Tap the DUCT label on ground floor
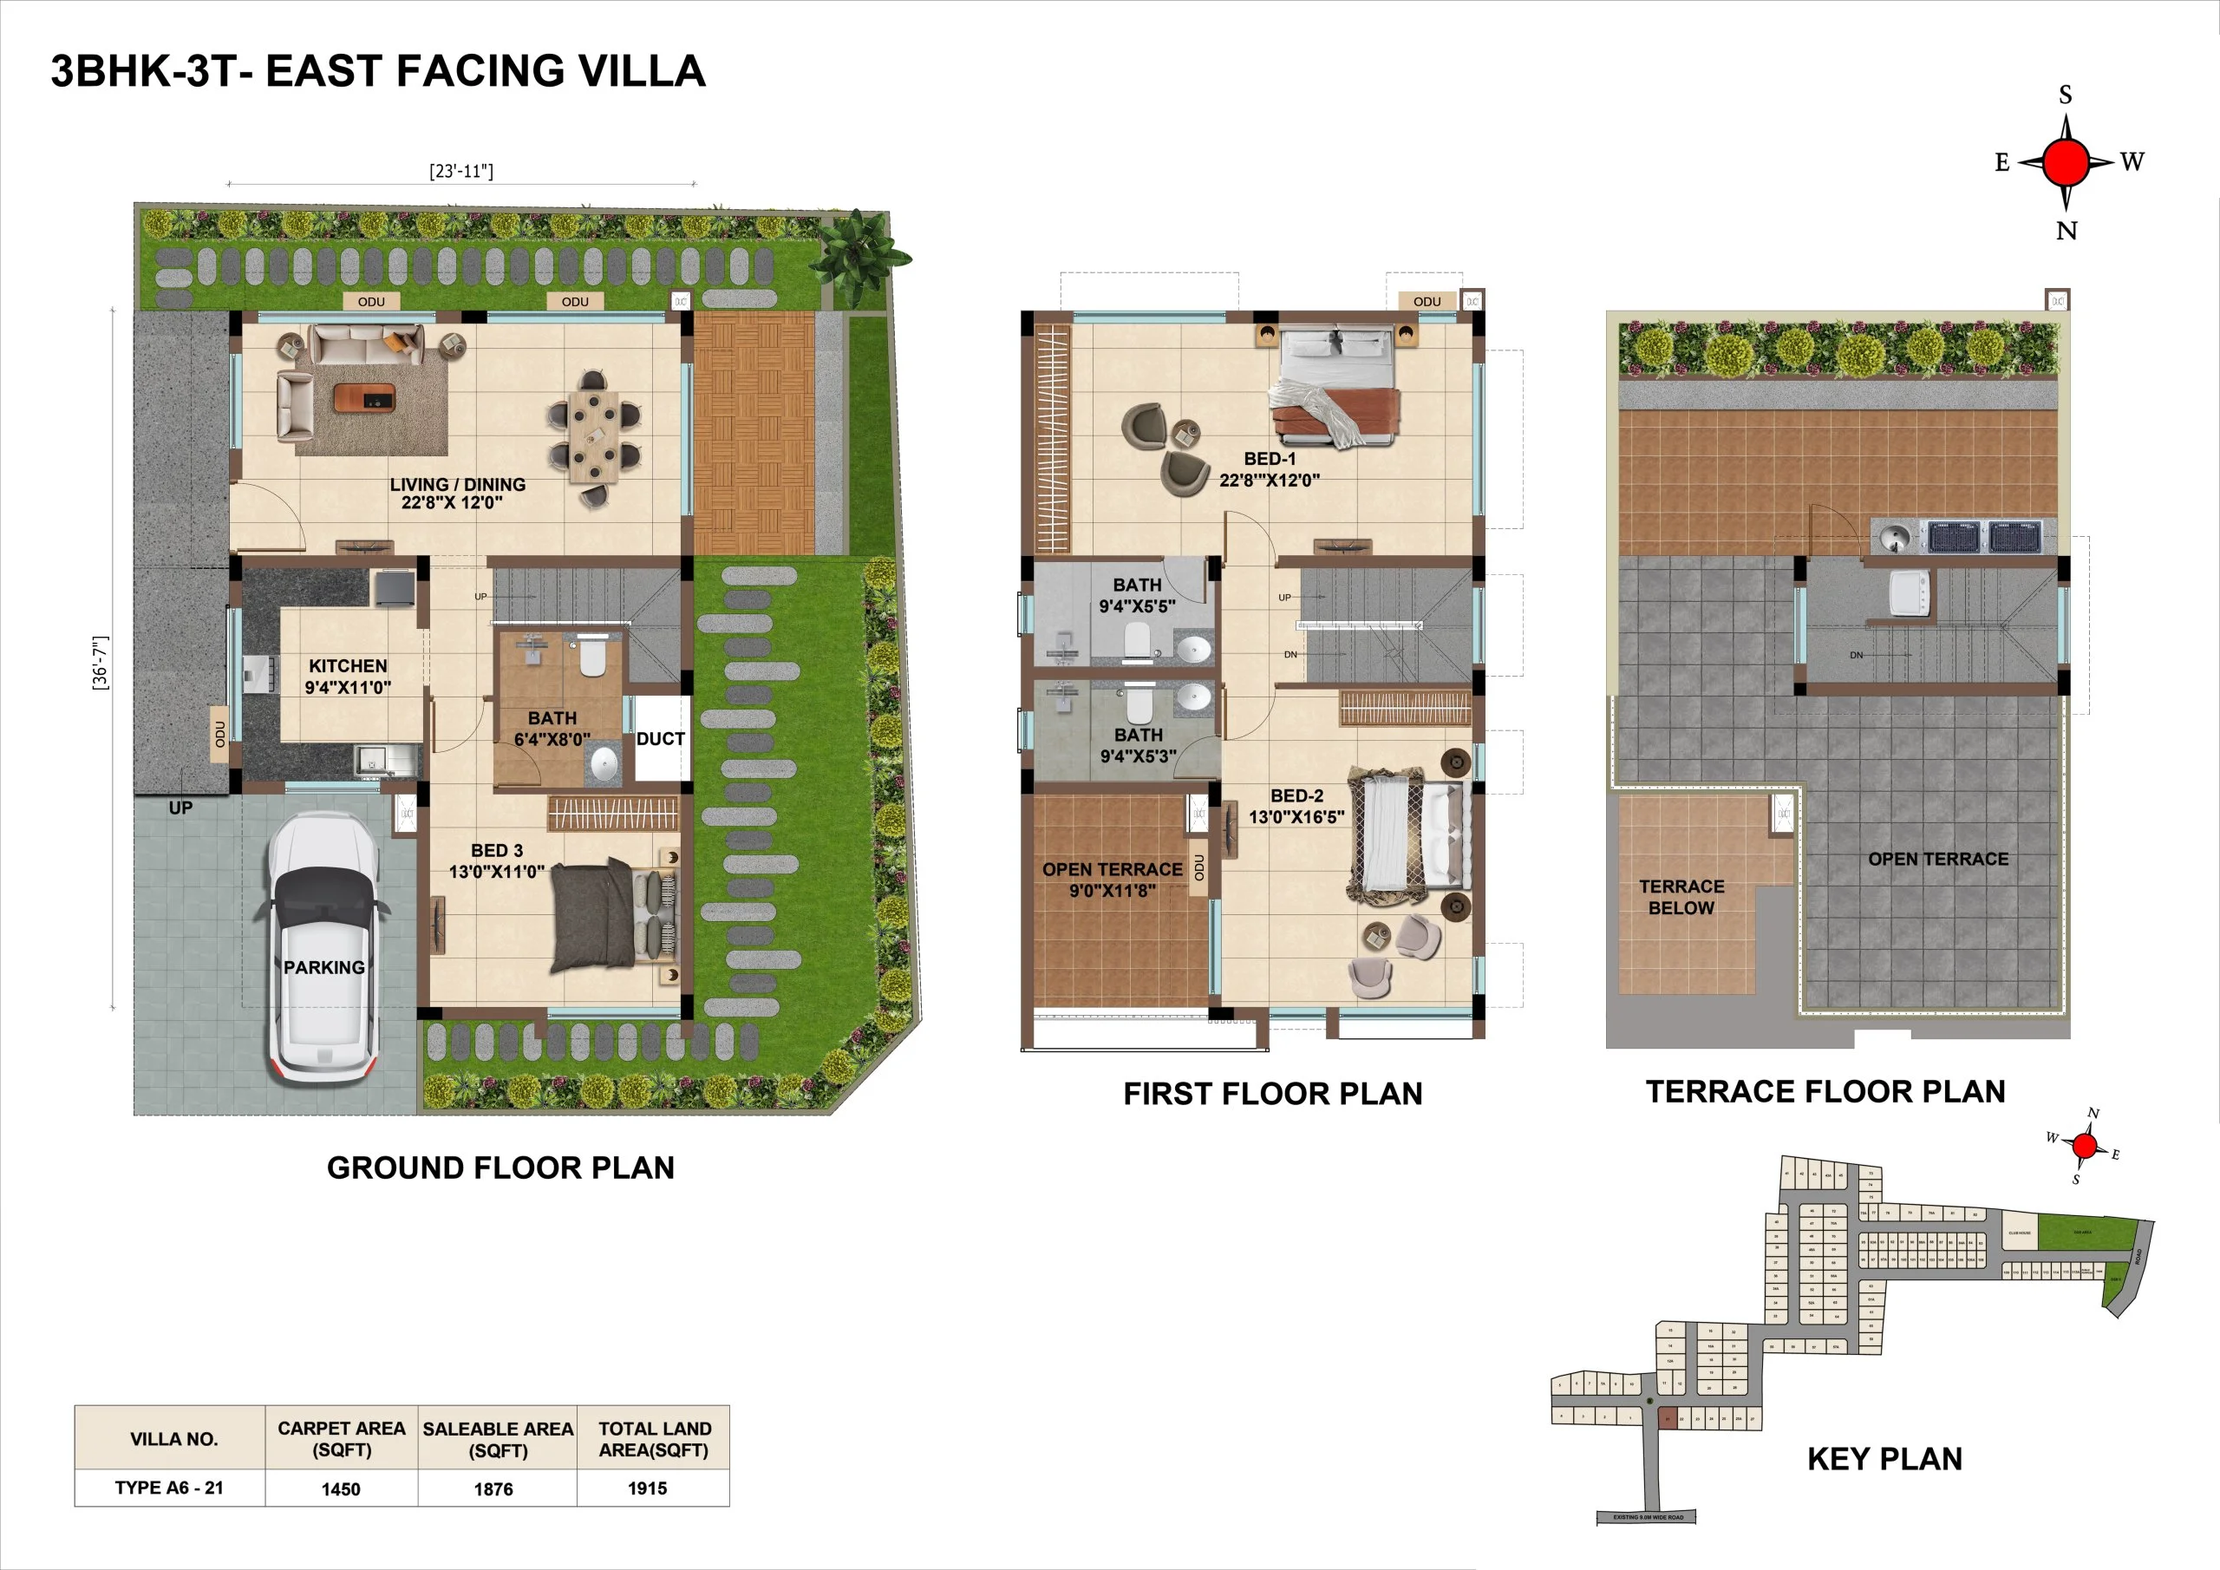661,739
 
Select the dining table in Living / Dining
592,435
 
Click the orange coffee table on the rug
364,397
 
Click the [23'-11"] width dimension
461,171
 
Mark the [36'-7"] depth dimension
101,663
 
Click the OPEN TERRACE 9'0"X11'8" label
1112,880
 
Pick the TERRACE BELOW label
1681,897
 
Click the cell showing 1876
494,1488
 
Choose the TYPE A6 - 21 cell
169,1488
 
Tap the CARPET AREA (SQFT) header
342,1438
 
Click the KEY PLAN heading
1884,1459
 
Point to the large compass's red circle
2067,161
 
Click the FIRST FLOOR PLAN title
1272,1094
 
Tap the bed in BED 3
612,914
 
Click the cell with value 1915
647,1488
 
